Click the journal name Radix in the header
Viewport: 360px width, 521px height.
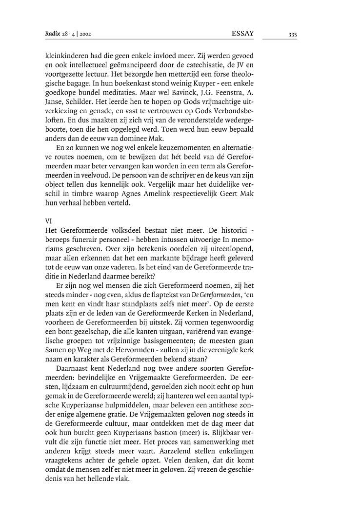(x=51, y=33)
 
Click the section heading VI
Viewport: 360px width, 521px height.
(x=48, y=220)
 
